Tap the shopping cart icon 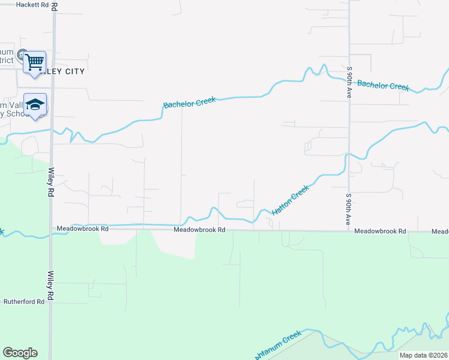35,61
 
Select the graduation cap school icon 35,104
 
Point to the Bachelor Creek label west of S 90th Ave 189,103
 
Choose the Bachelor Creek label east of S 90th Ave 383,85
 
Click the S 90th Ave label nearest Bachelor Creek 349,82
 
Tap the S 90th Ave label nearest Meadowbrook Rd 348,209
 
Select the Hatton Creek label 291,200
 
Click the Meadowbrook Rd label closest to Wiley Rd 83,229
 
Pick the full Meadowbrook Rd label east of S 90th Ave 380,231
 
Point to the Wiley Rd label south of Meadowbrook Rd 52,286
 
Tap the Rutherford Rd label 24,302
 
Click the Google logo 20,353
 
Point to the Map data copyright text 423,355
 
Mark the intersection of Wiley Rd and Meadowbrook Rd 52,229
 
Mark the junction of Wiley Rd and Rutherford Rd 52,302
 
